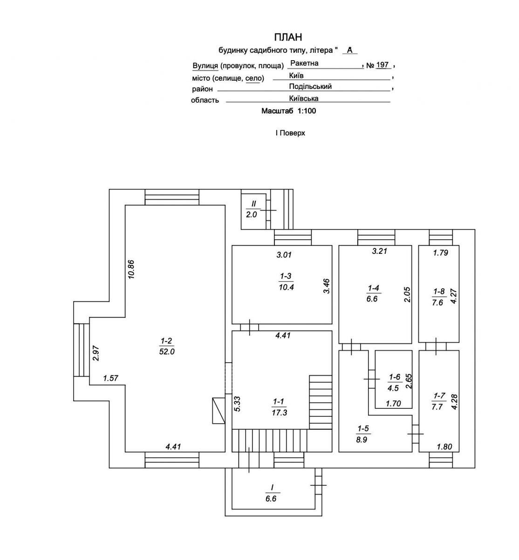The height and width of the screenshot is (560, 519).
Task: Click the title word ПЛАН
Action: point(288,37)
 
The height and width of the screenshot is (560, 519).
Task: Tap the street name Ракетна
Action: point(304,63)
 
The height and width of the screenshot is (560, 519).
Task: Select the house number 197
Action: point(382,65)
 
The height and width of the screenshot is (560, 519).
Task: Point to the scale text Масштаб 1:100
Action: point(289,111)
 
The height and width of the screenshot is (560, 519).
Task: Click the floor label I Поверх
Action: point(290,133)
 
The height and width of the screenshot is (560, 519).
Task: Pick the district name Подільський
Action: point(310,86)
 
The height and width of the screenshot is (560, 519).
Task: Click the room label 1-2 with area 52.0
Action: point(167,346)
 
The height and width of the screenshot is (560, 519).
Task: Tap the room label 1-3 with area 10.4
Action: point(286,282)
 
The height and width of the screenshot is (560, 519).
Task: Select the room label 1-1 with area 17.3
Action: point(279,407)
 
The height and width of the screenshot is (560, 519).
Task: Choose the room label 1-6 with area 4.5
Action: point(394,383)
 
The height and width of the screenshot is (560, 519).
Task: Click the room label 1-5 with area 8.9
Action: point(363,434)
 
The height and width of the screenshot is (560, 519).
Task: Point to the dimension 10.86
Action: point(131,270)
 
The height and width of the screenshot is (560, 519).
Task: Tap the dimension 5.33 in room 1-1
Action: point(238,404)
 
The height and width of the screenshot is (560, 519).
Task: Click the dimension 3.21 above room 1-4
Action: point(380,251)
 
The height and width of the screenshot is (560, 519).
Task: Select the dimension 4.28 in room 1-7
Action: point(454,402)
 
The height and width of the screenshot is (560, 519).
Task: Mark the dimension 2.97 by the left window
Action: point(96,353)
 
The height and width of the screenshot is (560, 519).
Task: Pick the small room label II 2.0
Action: point(253,209)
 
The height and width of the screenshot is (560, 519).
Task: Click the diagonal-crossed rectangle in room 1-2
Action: point(219,411)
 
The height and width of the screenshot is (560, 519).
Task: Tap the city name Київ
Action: point(296,76)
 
